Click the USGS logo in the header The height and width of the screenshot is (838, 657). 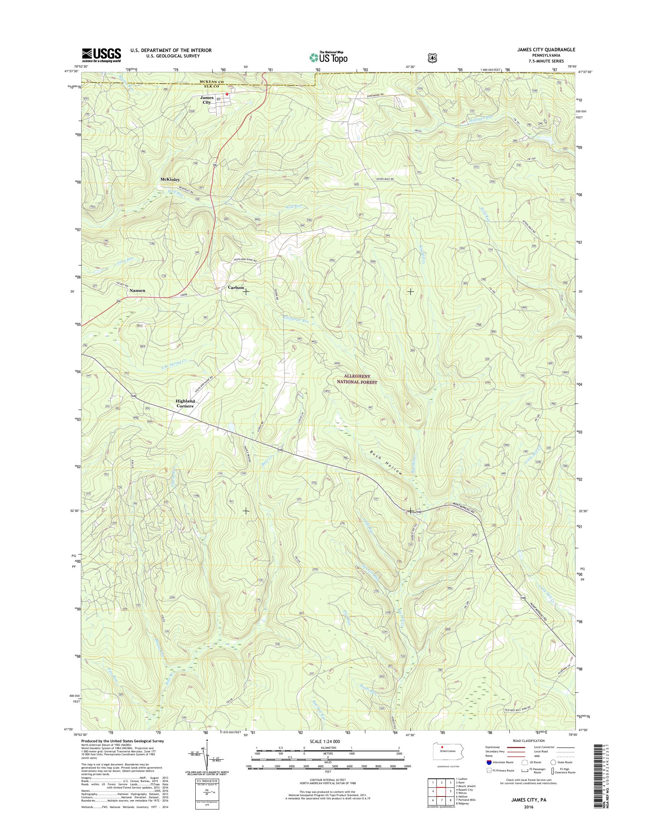[x=101, y=55]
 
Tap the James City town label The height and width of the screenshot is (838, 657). [x=206, y=100]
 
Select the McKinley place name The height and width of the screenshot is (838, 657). [x=170, y=180]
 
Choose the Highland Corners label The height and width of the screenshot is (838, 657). [x=186, y=403]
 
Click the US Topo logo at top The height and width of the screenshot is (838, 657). [x=328, y=57]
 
